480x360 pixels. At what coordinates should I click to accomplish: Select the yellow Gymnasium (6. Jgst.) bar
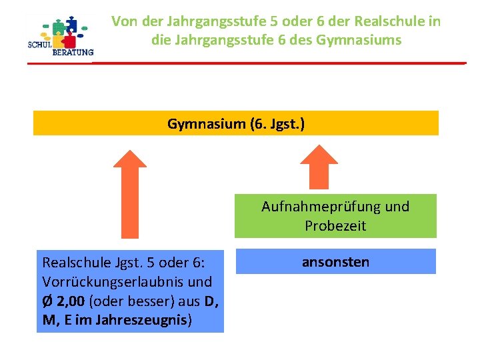pyautogui.click(x=236, y=123)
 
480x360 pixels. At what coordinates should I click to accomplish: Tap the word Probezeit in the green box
pyautogui.click(x=335, y=225)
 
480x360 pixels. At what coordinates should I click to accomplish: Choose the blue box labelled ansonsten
pyautogui.click(x=335, y=261)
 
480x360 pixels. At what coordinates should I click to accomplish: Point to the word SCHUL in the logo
pyautogui.click(x=41, y=45)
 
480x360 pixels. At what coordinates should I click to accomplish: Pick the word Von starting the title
pyautogui.click(x=125, y=21)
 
